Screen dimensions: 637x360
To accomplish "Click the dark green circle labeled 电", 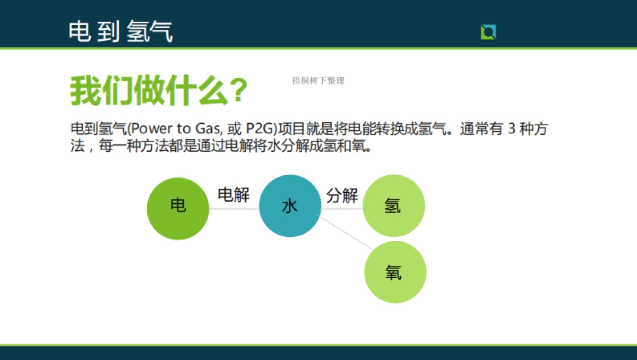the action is [178, 209].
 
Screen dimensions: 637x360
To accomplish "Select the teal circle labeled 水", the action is [290, 206].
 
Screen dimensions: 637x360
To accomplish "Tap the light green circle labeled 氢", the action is [394, 206].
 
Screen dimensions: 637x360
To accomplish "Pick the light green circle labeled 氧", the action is [395, 272].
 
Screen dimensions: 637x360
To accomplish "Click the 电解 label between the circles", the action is [234, 195].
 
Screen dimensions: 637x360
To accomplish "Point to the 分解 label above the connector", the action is [342, 195].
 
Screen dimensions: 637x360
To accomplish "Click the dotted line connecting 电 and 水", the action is [234, 209].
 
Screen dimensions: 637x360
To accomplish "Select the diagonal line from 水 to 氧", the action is [345, 232].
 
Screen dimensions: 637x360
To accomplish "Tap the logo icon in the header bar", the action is [488, 32].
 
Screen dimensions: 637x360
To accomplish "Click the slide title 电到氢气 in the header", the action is [120, 31].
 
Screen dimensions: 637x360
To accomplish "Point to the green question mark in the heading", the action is [238, 91].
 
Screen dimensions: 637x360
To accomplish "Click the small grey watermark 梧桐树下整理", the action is [318, 81].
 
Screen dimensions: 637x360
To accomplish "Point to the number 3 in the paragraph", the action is [512, 128].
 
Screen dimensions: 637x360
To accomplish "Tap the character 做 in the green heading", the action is [150, 90].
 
